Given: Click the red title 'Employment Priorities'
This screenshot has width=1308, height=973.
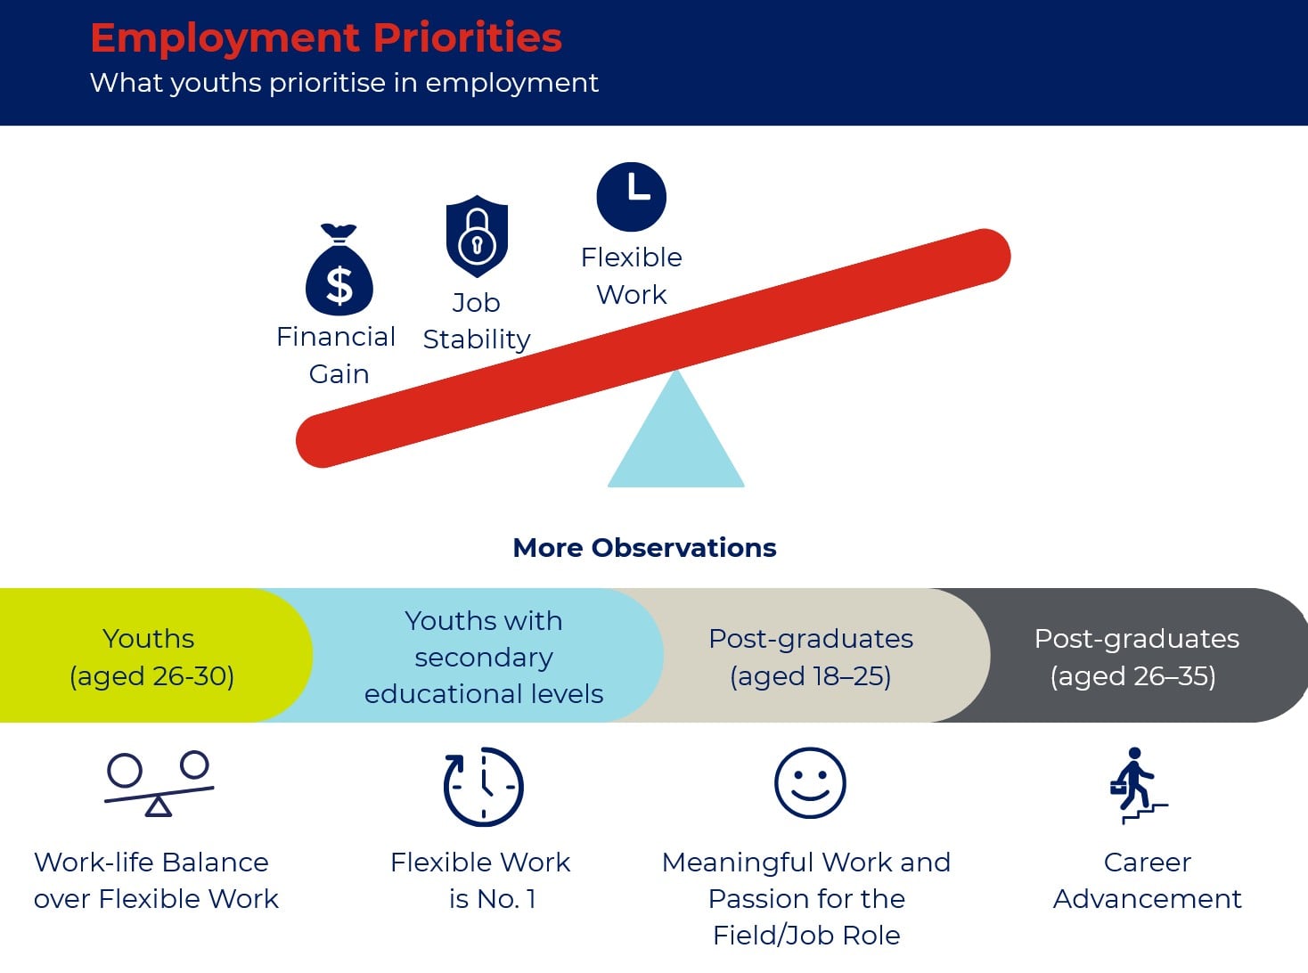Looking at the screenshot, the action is pos(326,38).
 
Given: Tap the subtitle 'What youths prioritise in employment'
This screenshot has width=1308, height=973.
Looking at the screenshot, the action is pos(345,83).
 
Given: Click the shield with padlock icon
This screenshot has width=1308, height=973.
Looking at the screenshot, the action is pos(477,236).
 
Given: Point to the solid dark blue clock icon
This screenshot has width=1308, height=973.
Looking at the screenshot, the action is pos(632,196).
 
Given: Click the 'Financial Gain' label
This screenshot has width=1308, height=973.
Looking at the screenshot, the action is pos(336,355).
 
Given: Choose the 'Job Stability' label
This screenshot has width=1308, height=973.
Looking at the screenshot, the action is pos(477,322).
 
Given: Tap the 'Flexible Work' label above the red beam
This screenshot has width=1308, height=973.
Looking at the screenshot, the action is pos(632,276).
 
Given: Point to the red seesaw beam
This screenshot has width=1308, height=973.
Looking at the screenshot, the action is pos(653,347).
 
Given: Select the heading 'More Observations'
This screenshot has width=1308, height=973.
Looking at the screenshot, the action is pos(644,548).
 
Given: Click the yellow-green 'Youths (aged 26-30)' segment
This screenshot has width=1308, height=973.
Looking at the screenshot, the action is pos(152,655).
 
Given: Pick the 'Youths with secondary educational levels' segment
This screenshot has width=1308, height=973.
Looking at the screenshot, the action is pos(485,655).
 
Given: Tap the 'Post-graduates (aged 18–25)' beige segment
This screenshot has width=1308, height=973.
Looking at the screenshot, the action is pos(812,655).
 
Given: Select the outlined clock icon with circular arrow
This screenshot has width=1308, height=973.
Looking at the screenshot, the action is pos(484,786).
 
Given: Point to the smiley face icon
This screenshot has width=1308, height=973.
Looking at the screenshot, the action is pos(810,783).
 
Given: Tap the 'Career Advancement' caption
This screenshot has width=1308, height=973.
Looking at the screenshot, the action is pos(1148,881).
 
